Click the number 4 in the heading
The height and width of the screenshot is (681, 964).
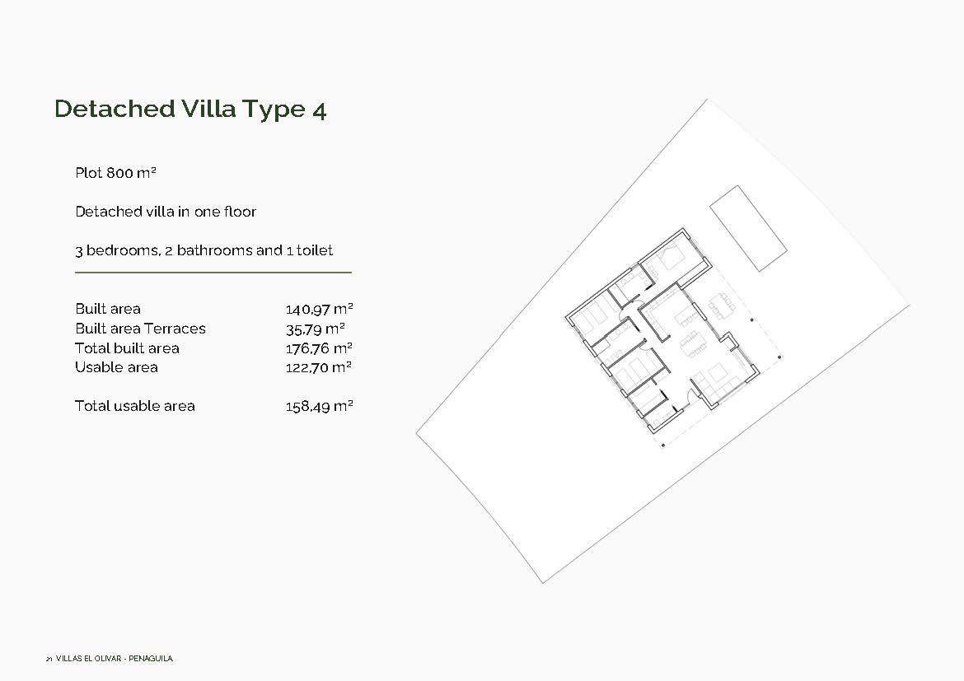(319, 110)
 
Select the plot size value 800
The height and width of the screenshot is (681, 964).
(120, 173)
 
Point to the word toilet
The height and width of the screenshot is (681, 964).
(314, 250)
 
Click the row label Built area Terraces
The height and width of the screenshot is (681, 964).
(140, 329)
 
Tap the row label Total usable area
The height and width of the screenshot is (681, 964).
(135, 406)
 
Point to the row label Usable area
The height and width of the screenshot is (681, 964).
(116, 367)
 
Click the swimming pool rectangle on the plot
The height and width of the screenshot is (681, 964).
(748, 228)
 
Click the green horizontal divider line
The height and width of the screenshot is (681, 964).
(213, 272)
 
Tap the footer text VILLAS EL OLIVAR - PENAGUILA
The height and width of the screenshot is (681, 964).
(115, 659)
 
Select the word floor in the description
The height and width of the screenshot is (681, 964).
(238, 212)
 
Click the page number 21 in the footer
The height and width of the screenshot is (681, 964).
(49, 659)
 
